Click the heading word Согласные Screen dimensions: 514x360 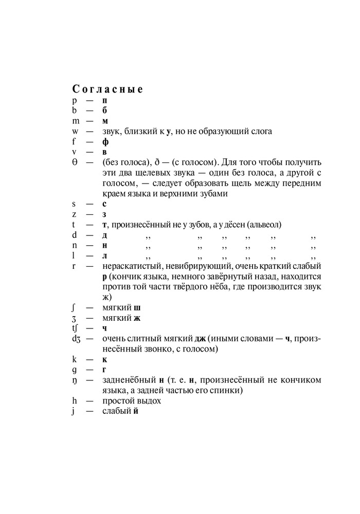(107, 89)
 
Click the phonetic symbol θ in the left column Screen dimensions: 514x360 (75, 162)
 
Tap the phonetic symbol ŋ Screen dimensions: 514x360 (75, 381)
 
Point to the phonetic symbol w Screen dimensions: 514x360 (76, 131)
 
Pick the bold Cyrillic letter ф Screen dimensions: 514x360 (105, 141)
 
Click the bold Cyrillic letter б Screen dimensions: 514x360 (104, 111)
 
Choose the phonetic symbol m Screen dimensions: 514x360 (76, 121)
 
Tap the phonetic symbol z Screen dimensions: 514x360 (74, 214)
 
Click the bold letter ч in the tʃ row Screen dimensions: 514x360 (104, 328)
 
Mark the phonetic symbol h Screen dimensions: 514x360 (75, 401)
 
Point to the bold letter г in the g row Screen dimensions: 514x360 (104, 370)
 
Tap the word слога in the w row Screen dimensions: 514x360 (261, 131)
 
